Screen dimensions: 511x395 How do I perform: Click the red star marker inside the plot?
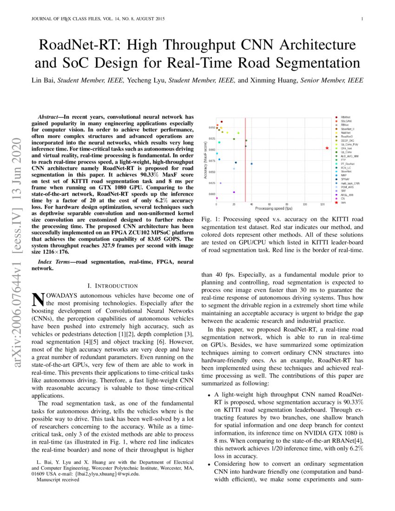click(x=327, y=148)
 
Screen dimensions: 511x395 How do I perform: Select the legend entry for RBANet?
click(x=345, y=117)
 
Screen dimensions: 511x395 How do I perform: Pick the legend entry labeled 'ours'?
click(x=343, y=203)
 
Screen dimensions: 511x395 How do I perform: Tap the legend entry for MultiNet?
click(x=345, y=132)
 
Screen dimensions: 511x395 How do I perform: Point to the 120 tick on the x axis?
click(x=323, y=204)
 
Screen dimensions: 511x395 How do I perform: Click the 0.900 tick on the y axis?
click(x=211, y=150)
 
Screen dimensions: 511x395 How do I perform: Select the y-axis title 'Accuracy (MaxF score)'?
click(x=205, y=160)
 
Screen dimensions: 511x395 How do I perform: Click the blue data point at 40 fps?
click(x=251, y=164)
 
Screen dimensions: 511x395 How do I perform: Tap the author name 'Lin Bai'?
click(x=43, y=80)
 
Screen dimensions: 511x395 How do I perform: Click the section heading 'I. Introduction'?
click(x=112, y=285)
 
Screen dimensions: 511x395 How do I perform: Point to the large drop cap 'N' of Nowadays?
click(x=37, y=300)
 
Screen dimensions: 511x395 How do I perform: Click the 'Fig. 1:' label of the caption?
click(x=210, y=219)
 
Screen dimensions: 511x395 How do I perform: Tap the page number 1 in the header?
click(x=361, y=19)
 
